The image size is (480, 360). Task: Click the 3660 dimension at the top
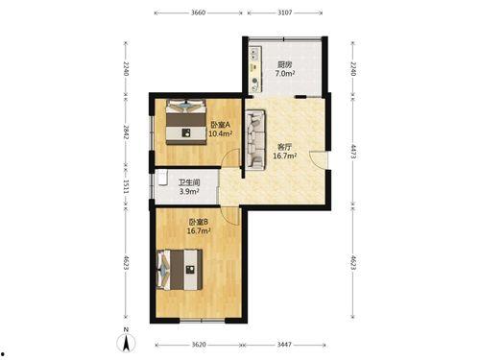pyautogui.click(x=198, y=12)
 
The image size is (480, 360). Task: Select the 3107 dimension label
pyautogui.click(x=285, y=12)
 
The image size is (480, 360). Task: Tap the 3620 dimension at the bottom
pyautogui.click(x=199, y=345)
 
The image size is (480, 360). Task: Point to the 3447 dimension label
pyautogui.click(x=284, y=345)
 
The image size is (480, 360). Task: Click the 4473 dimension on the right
pyautogui.click(x=353, y=152)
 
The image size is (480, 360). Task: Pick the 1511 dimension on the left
pyautogui.click(x=126, y=186)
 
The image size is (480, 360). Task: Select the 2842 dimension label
pyautogui.click(x=126, y=132)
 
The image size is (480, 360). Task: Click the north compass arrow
pyautogui.click(x=127, y=343)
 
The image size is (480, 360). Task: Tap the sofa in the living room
pyautogui.click(x=255, y=139)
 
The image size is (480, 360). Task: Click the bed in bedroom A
pyautogui.click(x=185, y=122)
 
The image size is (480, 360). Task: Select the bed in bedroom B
pyautogui.click(x=180, y=270)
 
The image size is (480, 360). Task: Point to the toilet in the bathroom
pyautogui.click(x=162, y=178)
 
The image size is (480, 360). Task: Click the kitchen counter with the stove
pyautogui.click(x=255, y=69)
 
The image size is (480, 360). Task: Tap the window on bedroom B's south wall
pyautogui.click(x=202, y=320)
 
